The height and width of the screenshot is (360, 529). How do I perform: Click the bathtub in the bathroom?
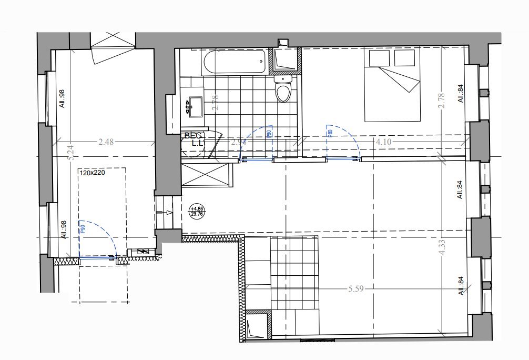(x=234, y=63)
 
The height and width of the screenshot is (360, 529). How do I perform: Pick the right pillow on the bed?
(x=405, y=58)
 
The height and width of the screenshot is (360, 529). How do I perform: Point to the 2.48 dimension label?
(x=106, y=141)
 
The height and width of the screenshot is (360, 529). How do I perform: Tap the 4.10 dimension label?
(x=382, y=141)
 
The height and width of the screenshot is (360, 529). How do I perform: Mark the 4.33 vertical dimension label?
(x=442, y=247)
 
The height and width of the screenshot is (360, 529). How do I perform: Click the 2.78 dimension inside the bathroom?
(x=215, y=102)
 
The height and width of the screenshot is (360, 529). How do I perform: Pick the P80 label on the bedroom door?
(x=330, y=133)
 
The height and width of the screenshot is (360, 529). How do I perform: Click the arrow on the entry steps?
(x=168, y=213)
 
